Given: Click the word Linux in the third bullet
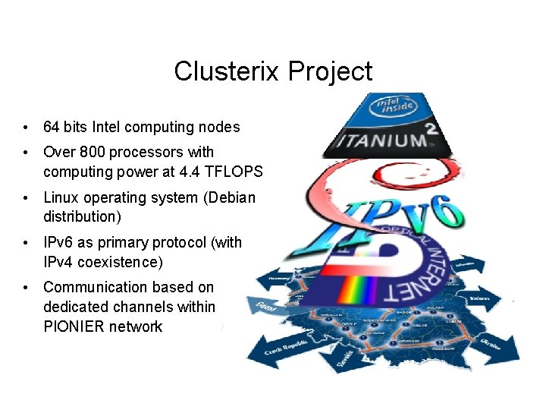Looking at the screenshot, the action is point(61,197).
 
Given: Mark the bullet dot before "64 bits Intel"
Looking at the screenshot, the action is point(26,127).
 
